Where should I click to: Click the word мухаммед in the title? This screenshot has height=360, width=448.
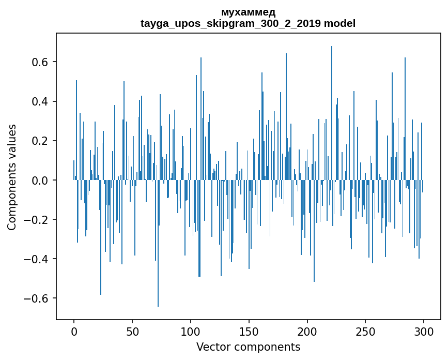click(x=248, y=12)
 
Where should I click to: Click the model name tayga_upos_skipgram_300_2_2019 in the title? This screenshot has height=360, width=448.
click(x=230, y=24)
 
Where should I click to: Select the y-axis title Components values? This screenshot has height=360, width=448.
click(x=12, y=177)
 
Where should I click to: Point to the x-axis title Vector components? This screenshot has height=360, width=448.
click(x=248, y=347)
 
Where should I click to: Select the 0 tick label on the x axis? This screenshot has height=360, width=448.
click(x=74, y=331)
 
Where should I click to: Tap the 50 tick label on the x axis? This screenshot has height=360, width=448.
click(x=132, y=331)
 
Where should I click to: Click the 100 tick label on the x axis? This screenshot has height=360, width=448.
click(x=191, y=331)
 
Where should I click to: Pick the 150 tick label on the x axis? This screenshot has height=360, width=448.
click(x=249, y=331)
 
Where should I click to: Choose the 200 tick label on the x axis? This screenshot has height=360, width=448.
click(x=307, y=331)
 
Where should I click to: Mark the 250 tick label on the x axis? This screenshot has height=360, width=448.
click(x=365, y=331)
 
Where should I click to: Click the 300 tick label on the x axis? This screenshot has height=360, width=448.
click(x=424, y=331)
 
